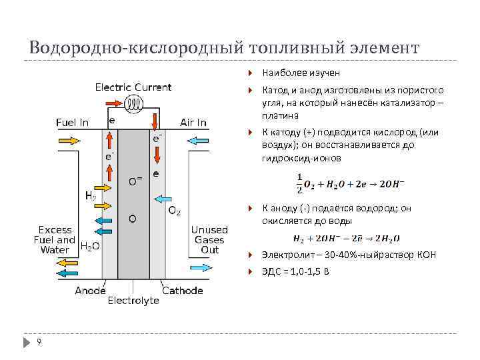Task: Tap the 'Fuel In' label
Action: pos(71,123)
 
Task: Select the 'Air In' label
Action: pos(193,123)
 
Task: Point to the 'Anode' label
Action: pos(90,291)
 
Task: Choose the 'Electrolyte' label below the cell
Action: pos(134,301)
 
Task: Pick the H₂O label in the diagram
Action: pos(90,246)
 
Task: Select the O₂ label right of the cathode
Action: pos(173,211)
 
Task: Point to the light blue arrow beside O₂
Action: pos(164,198)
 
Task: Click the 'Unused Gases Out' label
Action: pos(209,239)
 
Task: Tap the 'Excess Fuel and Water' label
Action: pos(56,239)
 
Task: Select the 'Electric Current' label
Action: pos(133,87)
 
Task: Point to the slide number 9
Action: pos(40,342)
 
